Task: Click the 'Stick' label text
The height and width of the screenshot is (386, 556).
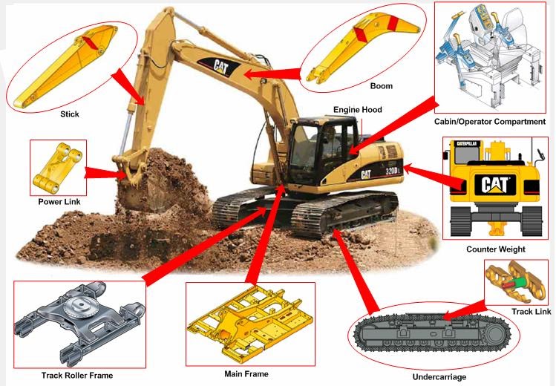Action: tap(69, 114)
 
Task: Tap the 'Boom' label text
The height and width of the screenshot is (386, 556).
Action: tap(382, 86)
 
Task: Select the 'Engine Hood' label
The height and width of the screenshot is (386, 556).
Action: tap(357, 110)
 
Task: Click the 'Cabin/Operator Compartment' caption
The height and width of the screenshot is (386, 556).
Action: tap(490, 121)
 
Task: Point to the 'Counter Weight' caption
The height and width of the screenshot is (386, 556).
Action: tap(496, 249)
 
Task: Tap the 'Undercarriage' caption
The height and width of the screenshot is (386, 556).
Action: tap(440, 377)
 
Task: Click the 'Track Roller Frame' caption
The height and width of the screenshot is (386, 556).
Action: tap(77, 376)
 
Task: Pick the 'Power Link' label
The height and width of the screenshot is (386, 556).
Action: tap(59, 201)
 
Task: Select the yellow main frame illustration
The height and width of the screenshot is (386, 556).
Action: tap(249, 324)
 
